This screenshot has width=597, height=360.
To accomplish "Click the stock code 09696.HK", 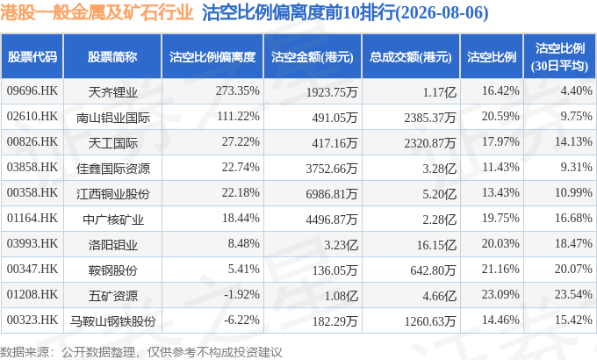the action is coord(32,91).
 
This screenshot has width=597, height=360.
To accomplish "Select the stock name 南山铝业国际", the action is coord(113,118).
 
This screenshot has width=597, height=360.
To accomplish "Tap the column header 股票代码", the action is coord(32,57).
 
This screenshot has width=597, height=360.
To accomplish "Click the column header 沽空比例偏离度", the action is coord(212,57).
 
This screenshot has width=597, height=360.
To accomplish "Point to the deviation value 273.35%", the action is coord(238,91).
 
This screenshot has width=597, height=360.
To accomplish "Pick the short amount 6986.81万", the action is coord(332,194).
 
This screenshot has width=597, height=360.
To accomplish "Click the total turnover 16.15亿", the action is coord(436,245).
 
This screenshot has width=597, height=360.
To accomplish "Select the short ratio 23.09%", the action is coord(500,294).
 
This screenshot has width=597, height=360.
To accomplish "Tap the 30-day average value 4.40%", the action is coord(576,91).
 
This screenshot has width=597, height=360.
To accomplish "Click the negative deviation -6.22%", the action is coord(241,320).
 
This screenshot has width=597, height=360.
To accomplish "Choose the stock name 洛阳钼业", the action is coord(113,245).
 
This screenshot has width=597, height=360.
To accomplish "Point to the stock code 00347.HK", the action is coord(32,270).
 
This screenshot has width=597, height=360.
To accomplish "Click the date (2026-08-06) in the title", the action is coord(442,13).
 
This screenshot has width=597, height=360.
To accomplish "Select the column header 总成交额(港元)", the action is coord(411,57).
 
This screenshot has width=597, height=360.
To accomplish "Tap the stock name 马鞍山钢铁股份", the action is coord(113,321).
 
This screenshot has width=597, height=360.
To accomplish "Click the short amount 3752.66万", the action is coord(332,169).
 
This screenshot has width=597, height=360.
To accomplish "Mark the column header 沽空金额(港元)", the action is coord(313,57).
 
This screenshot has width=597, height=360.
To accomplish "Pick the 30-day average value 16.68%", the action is coord(573,219).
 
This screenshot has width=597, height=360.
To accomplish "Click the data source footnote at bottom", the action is coord(140,352).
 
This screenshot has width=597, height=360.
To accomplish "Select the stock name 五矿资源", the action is coord(113,296).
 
